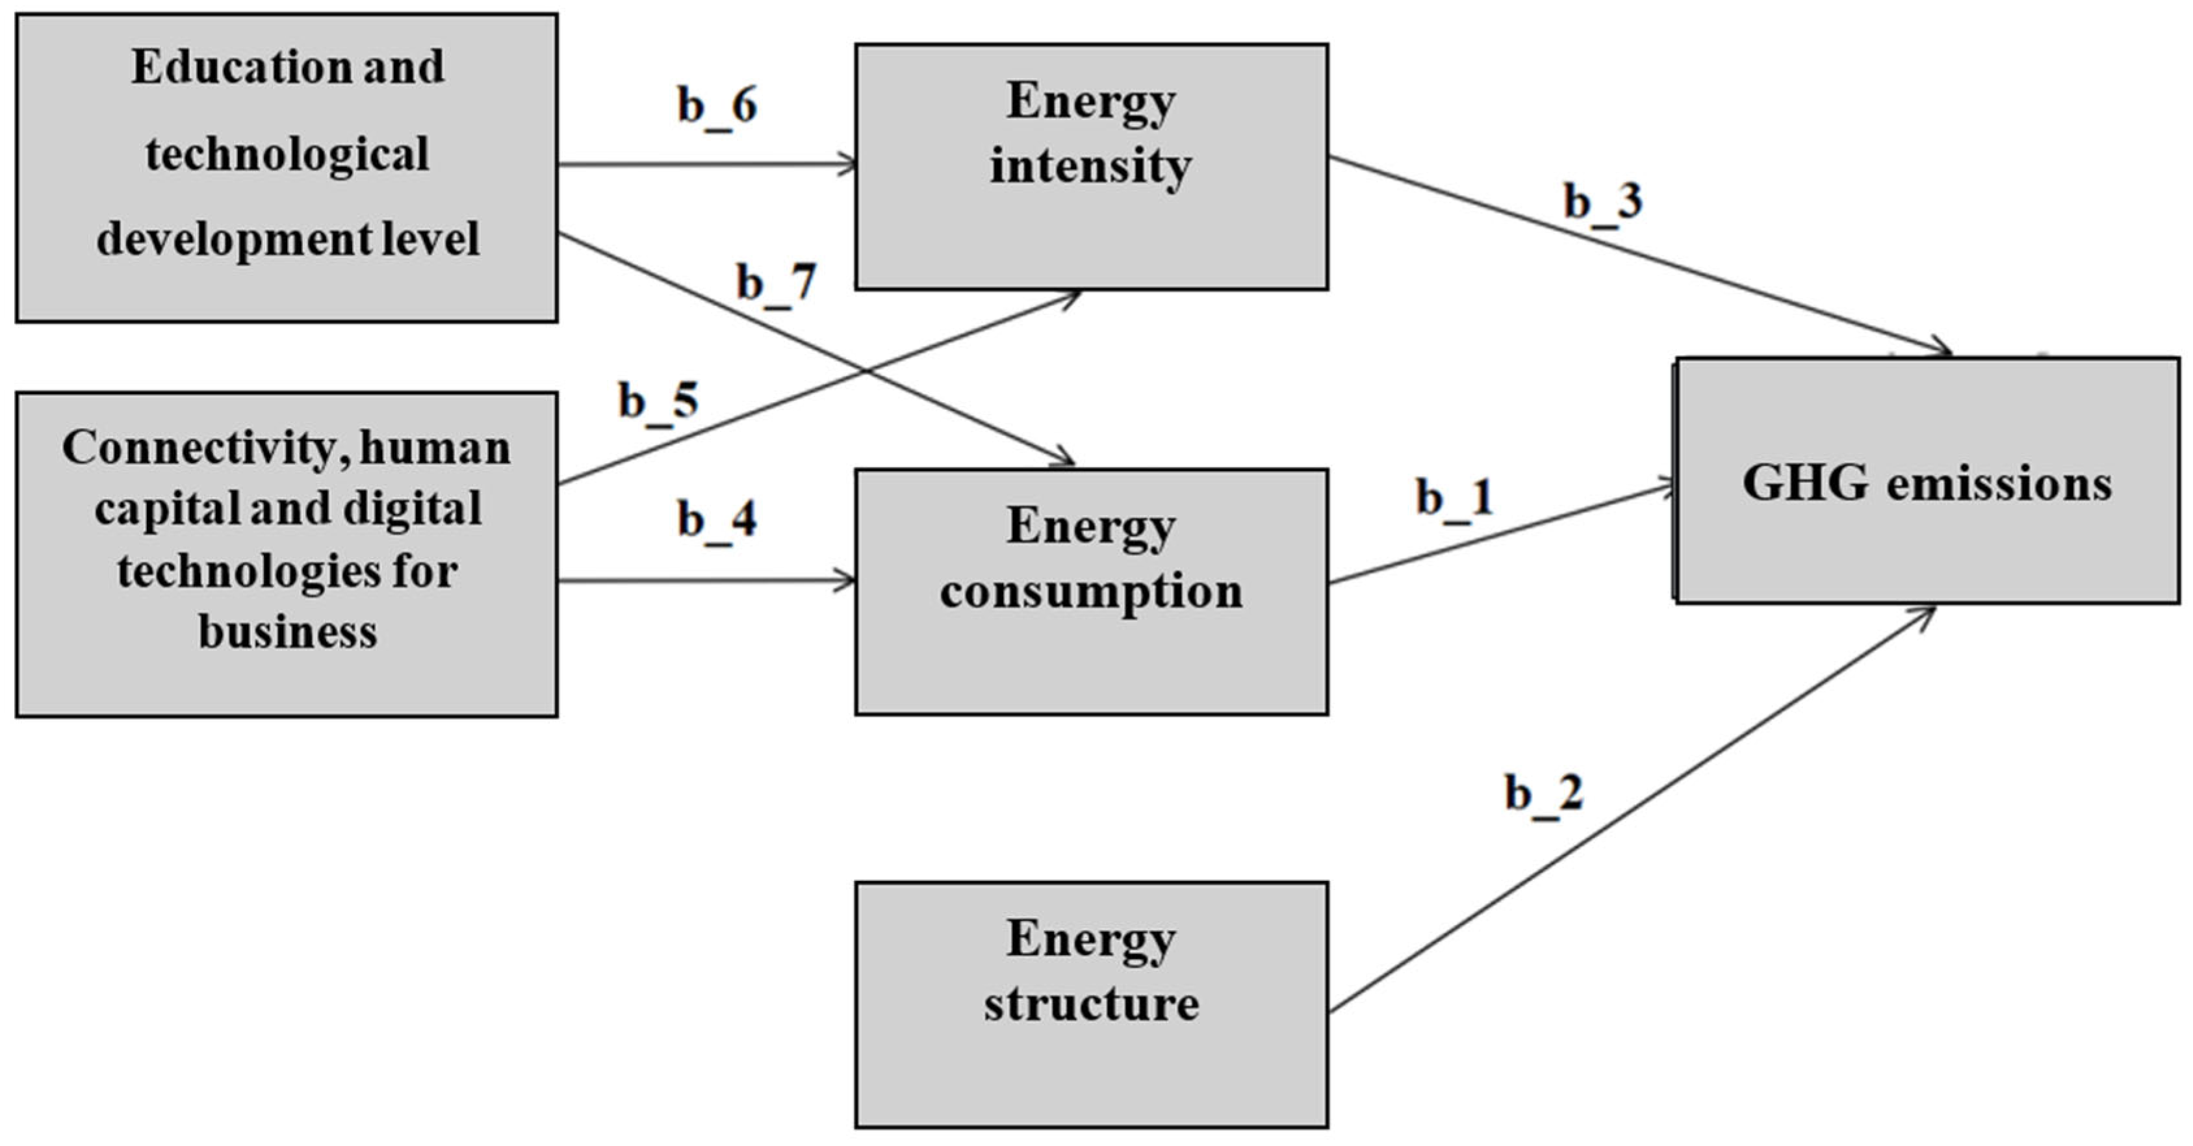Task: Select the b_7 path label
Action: pos(776,283)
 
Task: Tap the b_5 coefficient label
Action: pos(658,401)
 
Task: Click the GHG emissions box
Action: pos(1927,481)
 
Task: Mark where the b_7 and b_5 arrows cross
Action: pos(866,371)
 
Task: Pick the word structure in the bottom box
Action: pos(1092,1004)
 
